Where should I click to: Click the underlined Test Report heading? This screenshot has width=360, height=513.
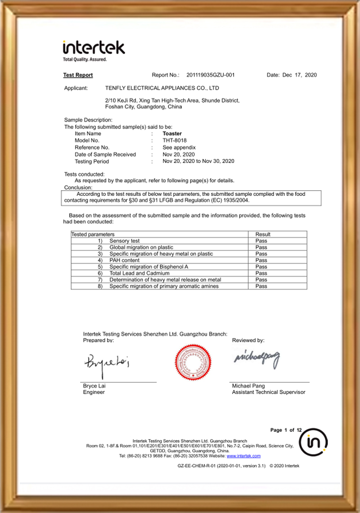pyautogui.click(x=78, y=75)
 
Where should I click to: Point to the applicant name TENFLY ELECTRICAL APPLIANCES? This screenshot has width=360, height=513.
pyautogui.click(x=162, y=88)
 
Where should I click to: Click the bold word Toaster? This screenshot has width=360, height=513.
pyautogui.click(x=172, y=134)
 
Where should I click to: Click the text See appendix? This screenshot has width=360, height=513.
pyautogui.click(x=179, y=147)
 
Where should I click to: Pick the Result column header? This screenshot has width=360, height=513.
pyautogui.click(x=263, y=234)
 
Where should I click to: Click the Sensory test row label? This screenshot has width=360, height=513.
pyautogui.click(x=125, y=241)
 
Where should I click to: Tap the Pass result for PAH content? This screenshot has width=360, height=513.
pyautogui.click(x=261, y=260)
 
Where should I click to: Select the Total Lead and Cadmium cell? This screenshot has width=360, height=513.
pyautogui.click(x=139, y=273)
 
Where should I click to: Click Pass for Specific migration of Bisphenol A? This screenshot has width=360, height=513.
pyautogui.click(x=261, y=267)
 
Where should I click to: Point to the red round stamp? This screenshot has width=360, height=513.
pyautogui.click(x=193, y=359)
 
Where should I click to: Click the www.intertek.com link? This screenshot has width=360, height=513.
pyautogui.click(x=247, y=456)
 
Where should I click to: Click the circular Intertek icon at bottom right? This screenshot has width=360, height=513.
pyautogui.click(x=313, y=443)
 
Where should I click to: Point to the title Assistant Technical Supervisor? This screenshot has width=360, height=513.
pyautogui.click(x=268, y=392)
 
